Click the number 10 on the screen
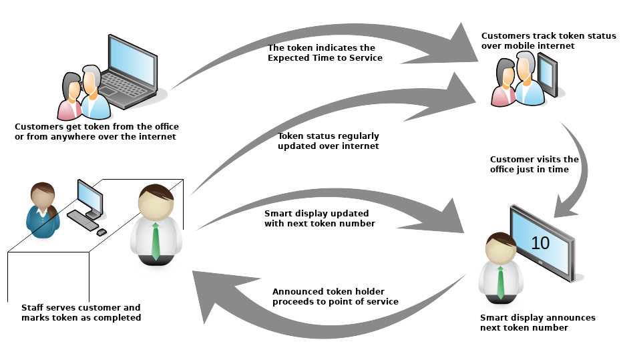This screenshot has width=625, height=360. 540,242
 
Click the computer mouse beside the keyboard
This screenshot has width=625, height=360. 101,232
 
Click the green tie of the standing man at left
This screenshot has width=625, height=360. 155,241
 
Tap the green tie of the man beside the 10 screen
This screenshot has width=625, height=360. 500,283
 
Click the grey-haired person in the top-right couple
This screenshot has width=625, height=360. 528,79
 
